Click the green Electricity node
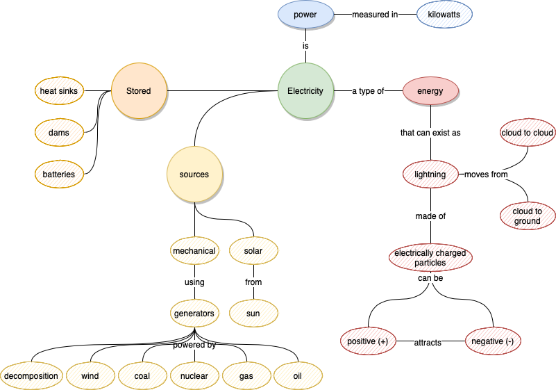(305, 91)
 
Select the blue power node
(305, 14)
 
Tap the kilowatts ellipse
(444, 14)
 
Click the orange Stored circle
(139, 91)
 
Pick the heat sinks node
(59, 91)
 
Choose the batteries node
(59, 174)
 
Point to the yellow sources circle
(194, 174)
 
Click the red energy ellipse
(430, 91)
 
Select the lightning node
(430, 174)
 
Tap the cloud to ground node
(528, 216)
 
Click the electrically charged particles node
(430, 258)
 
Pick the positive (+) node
(368, 341)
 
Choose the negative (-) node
(492, 341)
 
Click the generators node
(194, 314)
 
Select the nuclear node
(194, 376)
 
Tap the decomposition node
(31, 376)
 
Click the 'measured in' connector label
(375, 14)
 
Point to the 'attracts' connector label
(428, 343)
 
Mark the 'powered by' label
(194, 345)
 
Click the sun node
(253, 314)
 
